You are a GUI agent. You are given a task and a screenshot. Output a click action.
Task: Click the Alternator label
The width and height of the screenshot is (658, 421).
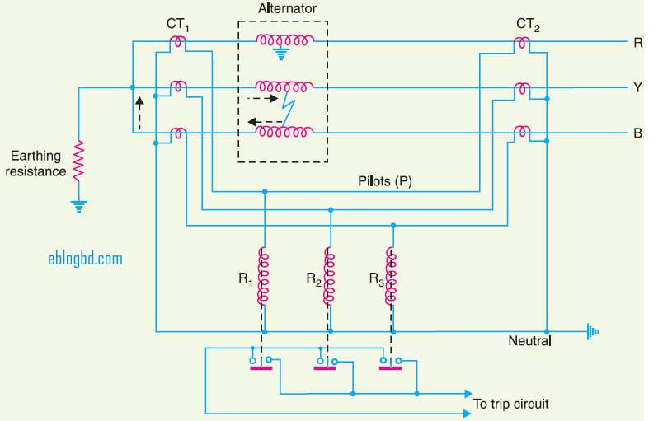pos(283,9)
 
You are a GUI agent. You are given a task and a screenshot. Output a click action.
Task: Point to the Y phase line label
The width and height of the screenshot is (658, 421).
pos(638,87)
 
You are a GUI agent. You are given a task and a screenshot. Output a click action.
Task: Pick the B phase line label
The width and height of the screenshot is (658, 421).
pos(638,133)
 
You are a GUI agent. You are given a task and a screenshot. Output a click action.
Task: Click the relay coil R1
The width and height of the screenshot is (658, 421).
pos(264,276)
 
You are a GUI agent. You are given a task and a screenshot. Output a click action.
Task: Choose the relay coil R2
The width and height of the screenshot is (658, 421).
pos(330,276)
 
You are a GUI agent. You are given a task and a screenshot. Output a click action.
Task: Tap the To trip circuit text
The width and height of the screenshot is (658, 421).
pos(510,404)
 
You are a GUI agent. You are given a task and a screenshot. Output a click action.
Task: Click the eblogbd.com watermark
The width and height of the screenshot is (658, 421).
pos(85,259)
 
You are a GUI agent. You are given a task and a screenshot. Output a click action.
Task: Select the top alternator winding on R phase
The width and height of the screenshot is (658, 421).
pos(284,40)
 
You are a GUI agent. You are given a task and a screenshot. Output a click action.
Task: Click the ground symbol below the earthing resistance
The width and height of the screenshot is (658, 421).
pos(78,206)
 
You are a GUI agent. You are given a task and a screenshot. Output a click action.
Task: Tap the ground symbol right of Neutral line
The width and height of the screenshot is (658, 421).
pos(591,332)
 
